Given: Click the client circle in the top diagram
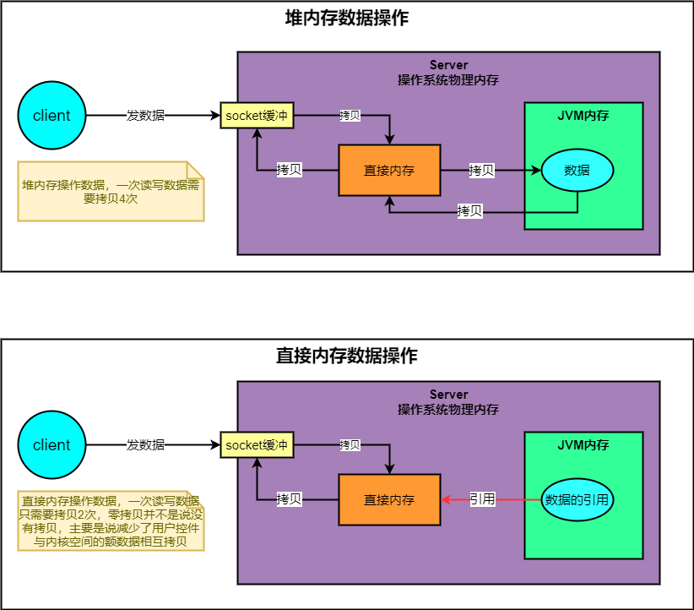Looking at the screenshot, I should [x=52, y=116].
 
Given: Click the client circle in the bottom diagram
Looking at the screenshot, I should [x=52, y=445].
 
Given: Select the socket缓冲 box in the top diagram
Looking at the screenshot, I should [x=257, y=116].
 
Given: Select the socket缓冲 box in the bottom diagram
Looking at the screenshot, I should [x=257, y=445].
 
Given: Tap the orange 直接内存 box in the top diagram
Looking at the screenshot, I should [x=389, y=170].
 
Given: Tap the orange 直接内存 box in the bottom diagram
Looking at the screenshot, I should [x=389, y=499].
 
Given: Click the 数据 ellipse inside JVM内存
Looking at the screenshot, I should [x=577, y=170].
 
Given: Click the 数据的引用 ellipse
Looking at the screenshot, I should [x=577, y=499].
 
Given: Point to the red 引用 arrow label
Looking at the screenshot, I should [x=482, y=499].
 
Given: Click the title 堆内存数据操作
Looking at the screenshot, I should [x=347, y=19].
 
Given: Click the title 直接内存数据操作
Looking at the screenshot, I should [x=347, y=355].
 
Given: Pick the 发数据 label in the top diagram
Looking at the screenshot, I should [x=145, y=116].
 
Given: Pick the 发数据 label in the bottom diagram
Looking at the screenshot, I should [x=145, y=445].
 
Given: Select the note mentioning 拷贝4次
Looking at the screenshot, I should [x=110, y=192].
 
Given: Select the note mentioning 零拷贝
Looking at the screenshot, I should [x=110, y=521].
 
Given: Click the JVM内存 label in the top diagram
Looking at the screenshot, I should [x=583, y=116].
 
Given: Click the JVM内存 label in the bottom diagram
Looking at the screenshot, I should [x=583, y=445].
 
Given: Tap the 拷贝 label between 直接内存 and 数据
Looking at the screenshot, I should [x=481, y=170].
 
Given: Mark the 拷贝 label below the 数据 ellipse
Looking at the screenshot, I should [x=469, y=211].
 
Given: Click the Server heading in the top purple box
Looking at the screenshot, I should [x=448, y=65].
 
